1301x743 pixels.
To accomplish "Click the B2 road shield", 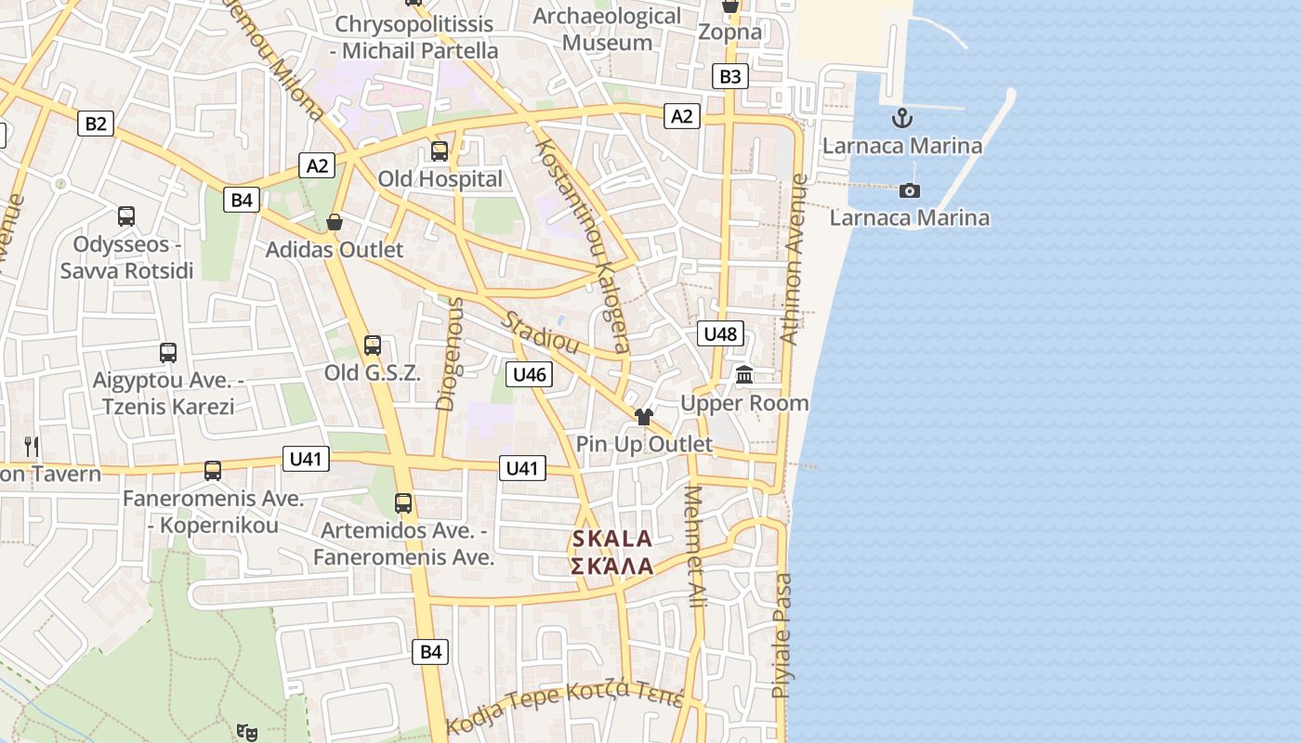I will pyautogui.click(x=96, y=123).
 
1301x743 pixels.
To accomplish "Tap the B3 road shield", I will pyautogui.click(x=730, y=76).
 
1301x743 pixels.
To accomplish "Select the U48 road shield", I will pyautogui.click(x=721, y=333).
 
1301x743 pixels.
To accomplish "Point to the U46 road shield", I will pyautogui.click(x=529, y=374).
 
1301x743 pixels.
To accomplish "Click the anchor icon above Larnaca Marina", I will pyautogui.click(x=901, y=119).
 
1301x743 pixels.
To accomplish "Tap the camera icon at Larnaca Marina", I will pyautogui.click(x=910, y=190).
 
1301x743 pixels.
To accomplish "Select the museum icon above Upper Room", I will pyautogui.click(x=744, y=375).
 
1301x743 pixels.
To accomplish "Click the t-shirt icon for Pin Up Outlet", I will pyautogui.click(x=644, y=416).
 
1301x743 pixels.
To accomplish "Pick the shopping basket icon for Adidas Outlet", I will pyautogui.click(x=335, y=222).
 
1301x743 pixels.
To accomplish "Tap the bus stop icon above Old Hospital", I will pyautogui.click(x=440, y=150).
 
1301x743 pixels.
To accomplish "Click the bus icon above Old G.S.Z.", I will pyautogui.click(x=373, y=345).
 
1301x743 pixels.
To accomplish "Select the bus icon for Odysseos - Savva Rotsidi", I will pyautogui.click(x=126, y=216).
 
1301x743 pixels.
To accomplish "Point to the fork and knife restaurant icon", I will pyautogui.click(x=32, y=446).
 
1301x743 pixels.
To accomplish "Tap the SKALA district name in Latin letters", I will pyautogui.click(x=611, y=539).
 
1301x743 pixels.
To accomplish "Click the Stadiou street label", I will pyautogui.click(x=541, y=332).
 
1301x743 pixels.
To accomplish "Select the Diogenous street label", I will pyautogui.click(x=449, y=353).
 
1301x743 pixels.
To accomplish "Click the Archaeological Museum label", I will pyautogui.click(x=608, y=30).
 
